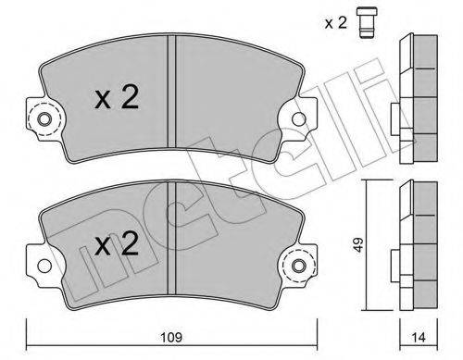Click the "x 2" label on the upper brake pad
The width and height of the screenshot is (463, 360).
pyautogui.click(x=117, y=99)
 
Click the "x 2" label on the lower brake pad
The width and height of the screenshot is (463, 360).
pyautogui.click(x=117, y=245)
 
